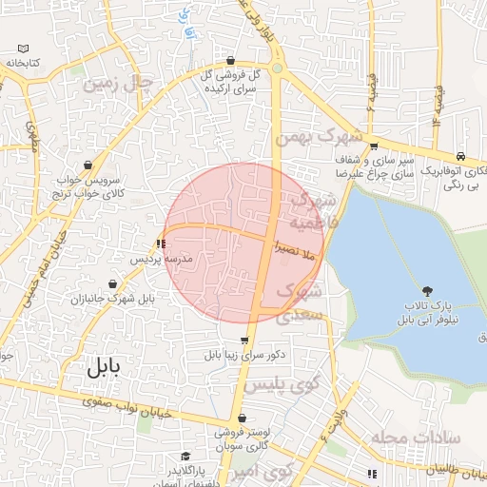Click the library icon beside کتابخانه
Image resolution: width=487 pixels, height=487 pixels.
[x=23, y=49]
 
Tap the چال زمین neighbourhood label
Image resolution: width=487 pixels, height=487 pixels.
[x=118, y=83]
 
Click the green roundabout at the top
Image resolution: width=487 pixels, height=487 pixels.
[x=277, y=68]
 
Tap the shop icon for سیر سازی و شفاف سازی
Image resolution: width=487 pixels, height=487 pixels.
[x=374, y=146]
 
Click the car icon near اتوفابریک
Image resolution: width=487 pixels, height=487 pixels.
[x=460, y=156]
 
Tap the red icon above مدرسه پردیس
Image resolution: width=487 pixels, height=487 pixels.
[x=160, y=244]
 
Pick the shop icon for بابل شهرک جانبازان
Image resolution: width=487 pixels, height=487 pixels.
[x=113, y=284]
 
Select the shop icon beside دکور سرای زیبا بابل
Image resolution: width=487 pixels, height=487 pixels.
[x=244, y=341]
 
